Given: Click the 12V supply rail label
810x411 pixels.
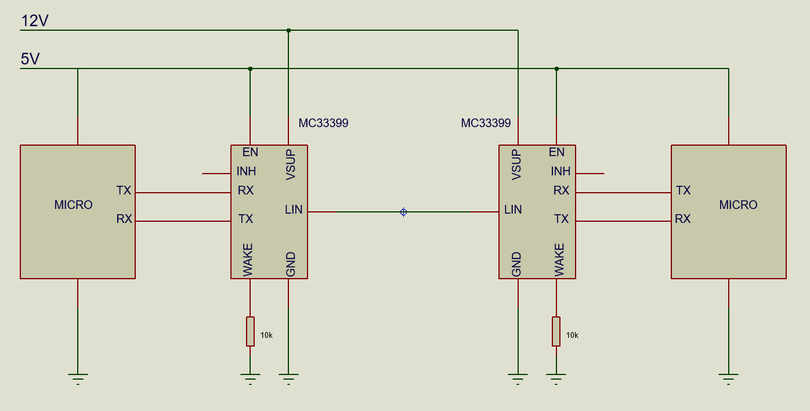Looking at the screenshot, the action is click(35, 21).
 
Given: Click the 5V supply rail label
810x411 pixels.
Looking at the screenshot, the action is click(30, 59).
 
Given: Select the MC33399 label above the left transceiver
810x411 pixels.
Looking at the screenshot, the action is click(323, 123).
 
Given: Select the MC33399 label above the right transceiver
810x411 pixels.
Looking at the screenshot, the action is click(486, 123).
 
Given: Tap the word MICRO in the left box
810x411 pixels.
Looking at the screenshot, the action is click(74, 205).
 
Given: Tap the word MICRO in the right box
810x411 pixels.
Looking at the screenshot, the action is click(738, 205).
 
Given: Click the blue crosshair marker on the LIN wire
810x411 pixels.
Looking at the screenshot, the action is click(404, 212).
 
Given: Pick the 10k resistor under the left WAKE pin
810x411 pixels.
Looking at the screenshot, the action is click(250, 331).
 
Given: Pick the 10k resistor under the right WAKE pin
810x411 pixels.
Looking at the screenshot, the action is click(556, 331).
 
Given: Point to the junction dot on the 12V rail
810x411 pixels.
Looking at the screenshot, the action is click(288, 30).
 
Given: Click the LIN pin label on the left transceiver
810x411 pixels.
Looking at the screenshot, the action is click(294, 210).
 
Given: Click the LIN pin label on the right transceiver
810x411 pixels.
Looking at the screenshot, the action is click(513, 210).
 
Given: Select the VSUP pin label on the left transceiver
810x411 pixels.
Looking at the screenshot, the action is click(291, 165).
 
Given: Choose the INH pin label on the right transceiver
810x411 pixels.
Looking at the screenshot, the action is click(561, 171).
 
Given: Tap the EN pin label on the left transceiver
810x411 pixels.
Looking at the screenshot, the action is click(250, 152).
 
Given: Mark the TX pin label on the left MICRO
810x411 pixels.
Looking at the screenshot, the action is click(124, 190).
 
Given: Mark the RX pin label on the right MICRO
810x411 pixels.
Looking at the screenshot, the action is click(683, 219).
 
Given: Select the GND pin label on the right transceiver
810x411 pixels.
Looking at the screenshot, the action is click(516, 265).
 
